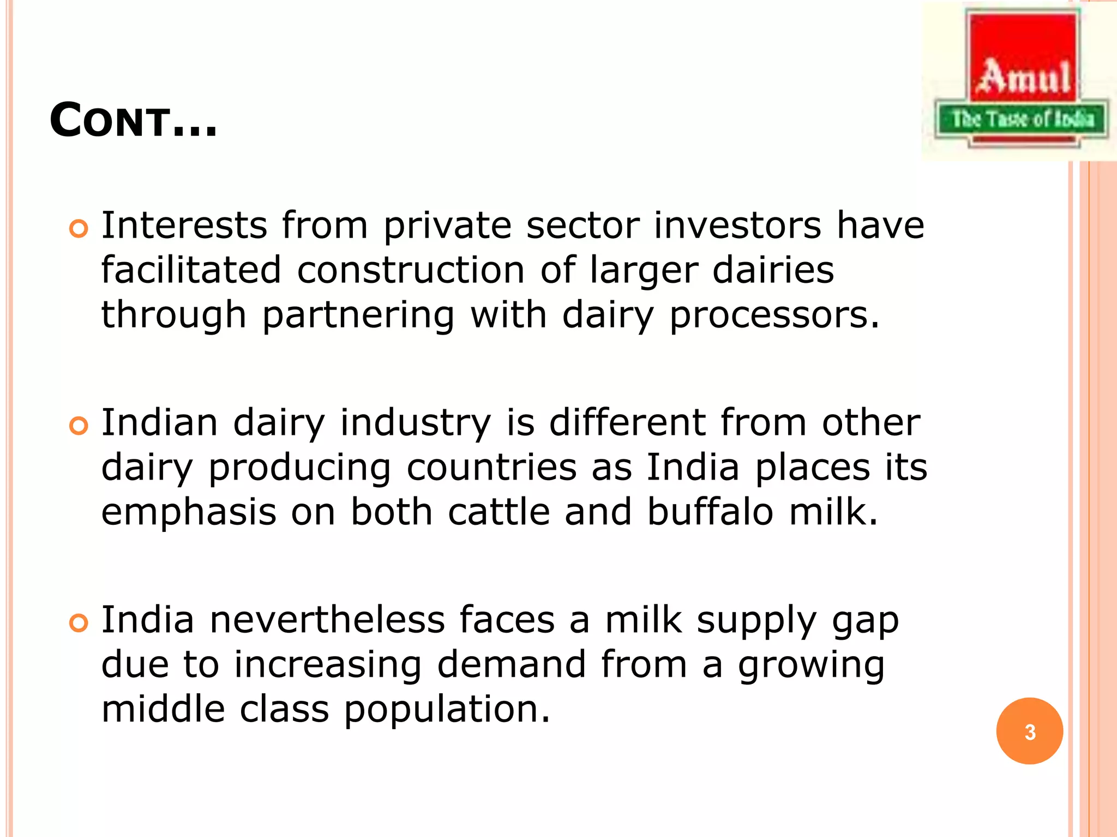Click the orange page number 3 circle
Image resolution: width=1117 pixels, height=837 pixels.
click(1029, 731)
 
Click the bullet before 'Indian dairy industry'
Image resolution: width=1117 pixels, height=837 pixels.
click(79, 426)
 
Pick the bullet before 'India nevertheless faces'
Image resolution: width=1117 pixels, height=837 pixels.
click(79, 623)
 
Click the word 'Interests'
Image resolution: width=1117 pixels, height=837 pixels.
click(184, 226)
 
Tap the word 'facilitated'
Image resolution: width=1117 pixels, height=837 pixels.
click(191, 270)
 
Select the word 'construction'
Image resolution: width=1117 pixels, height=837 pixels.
click(411, 270)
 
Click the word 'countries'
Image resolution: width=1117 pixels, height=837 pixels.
click(491, 468)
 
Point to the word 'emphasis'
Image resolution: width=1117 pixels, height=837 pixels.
click(189, 512)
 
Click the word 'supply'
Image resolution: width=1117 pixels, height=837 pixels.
click(756, 621)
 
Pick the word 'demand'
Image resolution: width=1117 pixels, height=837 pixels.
click(511, 665)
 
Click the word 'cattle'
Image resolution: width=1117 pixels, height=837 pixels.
click(499, 512)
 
